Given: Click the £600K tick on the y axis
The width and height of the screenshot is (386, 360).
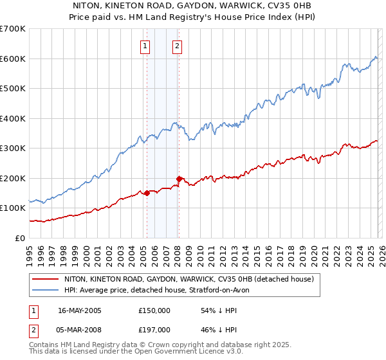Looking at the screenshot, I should pos(13,59).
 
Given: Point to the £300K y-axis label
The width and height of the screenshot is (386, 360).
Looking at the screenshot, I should pos(13,148).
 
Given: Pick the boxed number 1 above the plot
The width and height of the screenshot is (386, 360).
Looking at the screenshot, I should pos(145,46).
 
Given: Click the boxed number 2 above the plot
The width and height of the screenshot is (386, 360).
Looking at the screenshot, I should pos(176,46).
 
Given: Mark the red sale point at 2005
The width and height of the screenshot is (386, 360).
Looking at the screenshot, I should pos(147,192).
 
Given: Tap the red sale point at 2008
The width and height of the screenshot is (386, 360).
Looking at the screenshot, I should pos(179,178).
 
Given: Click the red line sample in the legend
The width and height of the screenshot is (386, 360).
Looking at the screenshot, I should pos(45,280).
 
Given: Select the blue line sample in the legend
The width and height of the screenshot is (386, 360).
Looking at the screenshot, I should pos(45,290).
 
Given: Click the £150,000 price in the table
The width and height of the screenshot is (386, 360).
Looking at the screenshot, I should pos(154,310).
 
